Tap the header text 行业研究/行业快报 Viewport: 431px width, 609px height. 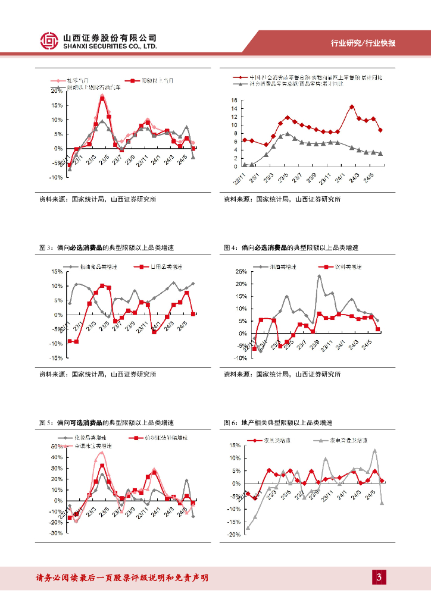click(363, 43)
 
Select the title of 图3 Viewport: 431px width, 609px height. click(110, 247)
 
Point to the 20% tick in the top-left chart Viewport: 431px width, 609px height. click(57, 91)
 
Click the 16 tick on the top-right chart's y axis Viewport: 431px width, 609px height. click(234, 100)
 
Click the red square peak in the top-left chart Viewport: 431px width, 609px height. click(102, 99)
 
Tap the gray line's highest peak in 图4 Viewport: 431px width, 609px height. click(319, 276)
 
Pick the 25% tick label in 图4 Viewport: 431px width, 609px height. click(241, 271)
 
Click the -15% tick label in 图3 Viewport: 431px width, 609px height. click(56, 358)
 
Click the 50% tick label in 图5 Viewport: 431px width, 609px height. click(57, 446)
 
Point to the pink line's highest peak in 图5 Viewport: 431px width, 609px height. click(101, 453)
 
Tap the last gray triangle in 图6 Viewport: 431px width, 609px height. click(382, 503)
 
